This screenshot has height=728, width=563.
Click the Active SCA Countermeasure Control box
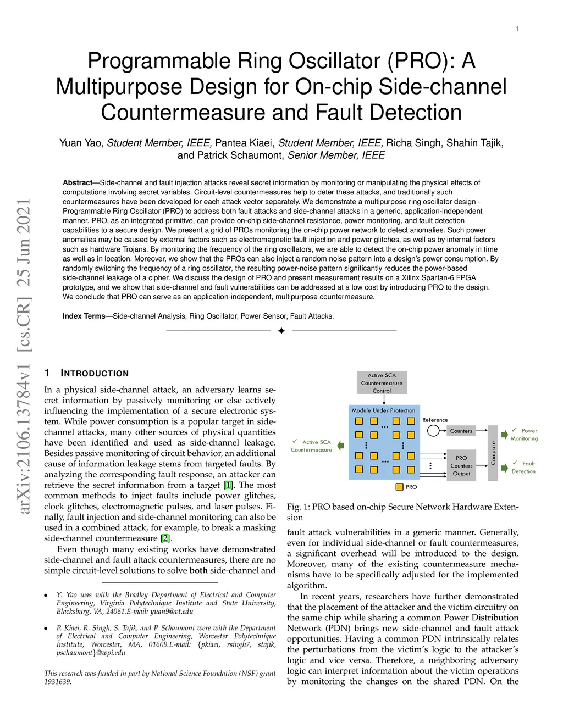coord(382,383)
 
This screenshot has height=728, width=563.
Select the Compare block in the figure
coord(493,453)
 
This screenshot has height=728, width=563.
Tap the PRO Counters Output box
coord(461,465)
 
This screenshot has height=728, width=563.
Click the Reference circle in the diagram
coord(433,431)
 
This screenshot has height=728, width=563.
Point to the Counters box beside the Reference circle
coord(461,431)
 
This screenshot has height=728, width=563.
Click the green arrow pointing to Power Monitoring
coord(504,435)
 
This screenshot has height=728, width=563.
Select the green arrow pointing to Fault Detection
coord(504,468)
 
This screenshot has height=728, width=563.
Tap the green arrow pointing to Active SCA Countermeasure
coord(340,446)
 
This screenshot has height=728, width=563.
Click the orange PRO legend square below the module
coord(400,487)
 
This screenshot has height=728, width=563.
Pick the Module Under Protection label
coord(383,410)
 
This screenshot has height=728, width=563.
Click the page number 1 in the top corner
coord(517,29)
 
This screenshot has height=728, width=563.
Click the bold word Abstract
coord(78,183)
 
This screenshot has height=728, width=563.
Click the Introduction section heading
coord(95,374)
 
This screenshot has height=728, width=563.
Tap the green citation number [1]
coord(228,485)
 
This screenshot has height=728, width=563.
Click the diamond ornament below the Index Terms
coord(281,331)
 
